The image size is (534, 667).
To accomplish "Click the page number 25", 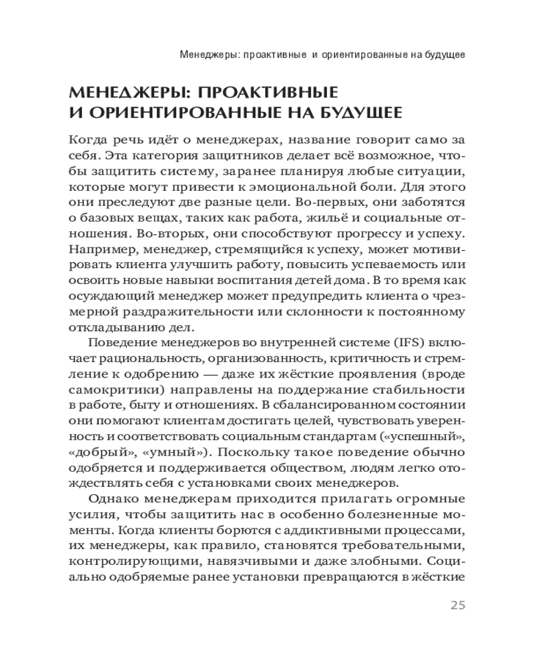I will coord(457,606).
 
